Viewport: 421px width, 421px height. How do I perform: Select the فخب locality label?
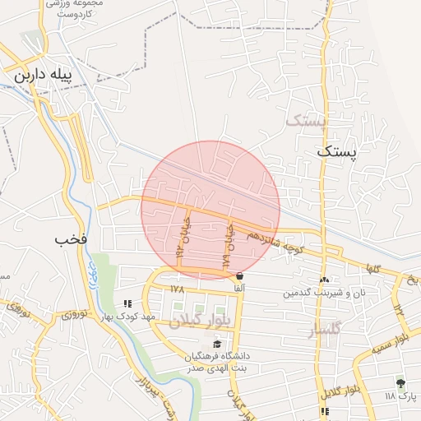coord(71,240)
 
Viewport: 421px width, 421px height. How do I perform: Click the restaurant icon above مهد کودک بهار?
coord(127,303)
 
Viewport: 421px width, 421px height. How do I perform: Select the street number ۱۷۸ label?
coord(177,289)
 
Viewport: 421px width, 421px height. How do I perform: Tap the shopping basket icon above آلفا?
coord(239,276)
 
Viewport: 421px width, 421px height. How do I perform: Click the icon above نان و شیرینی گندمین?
coord(324,280)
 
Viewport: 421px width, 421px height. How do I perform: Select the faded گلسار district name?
coord(323,331)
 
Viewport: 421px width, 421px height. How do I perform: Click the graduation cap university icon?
coord(217,344)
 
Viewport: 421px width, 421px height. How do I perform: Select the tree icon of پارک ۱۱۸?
coord(400,382)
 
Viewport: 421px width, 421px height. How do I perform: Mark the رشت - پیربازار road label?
coord(152,395)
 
